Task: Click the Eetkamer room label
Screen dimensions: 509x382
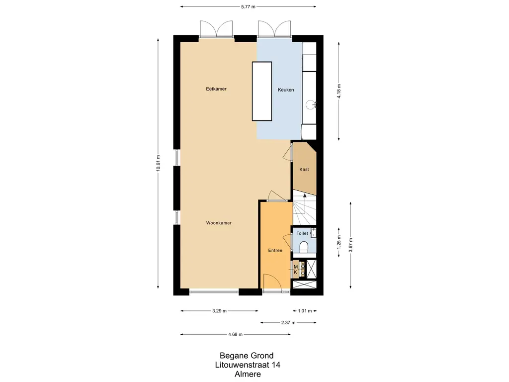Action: point(216,89)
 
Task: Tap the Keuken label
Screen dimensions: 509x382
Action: point(286,90)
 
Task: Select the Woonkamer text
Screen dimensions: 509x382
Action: point(219,223)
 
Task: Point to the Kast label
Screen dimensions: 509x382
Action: point(304,169)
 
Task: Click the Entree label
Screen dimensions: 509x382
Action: point(275,251)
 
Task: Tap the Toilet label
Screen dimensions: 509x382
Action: point(302,233)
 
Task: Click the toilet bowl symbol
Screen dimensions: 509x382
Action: point(304,247)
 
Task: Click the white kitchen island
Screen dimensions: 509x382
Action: point(262,92)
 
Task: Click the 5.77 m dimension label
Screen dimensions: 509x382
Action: point(249,6)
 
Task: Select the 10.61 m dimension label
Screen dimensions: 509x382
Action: point(158,163)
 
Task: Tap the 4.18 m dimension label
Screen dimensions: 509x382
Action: point(339,92)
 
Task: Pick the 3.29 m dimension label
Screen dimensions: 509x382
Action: point(219,311)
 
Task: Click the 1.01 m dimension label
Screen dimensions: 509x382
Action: point(305,311)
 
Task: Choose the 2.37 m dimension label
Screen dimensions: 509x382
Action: point(288,322)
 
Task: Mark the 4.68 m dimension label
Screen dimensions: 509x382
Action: point(235,334)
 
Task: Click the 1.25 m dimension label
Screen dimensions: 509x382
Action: point(339,242)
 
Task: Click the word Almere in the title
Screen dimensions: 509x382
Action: point(248,374)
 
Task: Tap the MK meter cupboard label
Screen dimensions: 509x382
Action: point(295,269)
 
